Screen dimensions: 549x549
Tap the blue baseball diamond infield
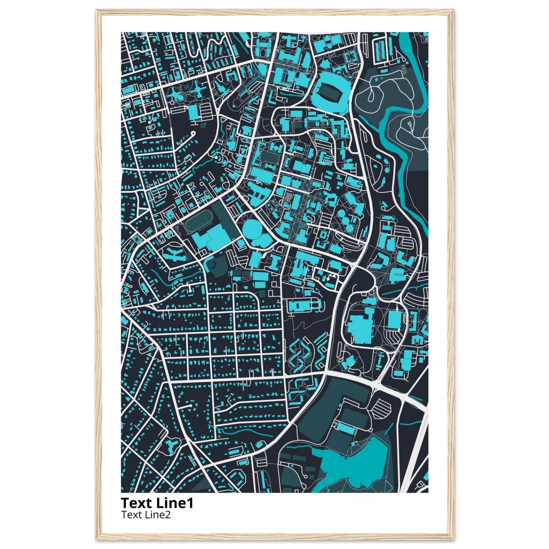(212, 265)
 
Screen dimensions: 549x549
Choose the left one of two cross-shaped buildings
(176, 94)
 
